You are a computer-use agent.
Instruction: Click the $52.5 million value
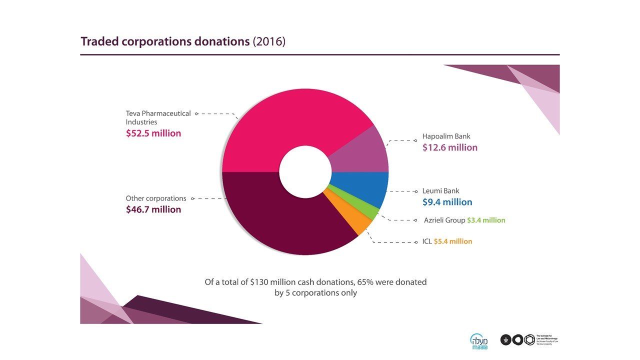pyautogui.click(x=153, y=133)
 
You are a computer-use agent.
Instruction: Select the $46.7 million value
pyautogui.click(x=153, y=209)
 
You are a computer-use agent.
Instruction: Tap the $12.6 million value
pyautogui.click(x=450, y=147)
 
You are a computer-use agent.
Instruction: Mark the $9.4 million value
pyautogui.click(x=447, y=202)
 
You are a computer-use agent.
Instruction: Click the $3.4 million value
pyautogui.click(x=486, y=220)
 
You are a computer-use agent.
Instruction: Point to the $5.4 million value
pyautogui.click(x=453, y=241)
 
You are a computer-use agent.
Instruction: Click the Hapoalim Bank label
pyautogui.click(x=446, y=136)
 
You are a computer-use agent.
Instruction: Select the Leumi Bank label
pyautogui.click(x=440, y=190)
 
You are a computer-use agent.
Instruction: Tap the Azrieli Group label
pyautogui.click(x=444, y=220)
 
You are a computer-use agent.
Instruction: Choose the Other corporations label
pyautogui.click(x=156, y=198)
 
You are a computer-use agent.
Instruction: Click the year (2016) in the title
pyautogui.click(x=269, y=41)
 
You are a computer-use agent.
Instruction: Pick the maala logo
pyautogui.click(x=478, y=340)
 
